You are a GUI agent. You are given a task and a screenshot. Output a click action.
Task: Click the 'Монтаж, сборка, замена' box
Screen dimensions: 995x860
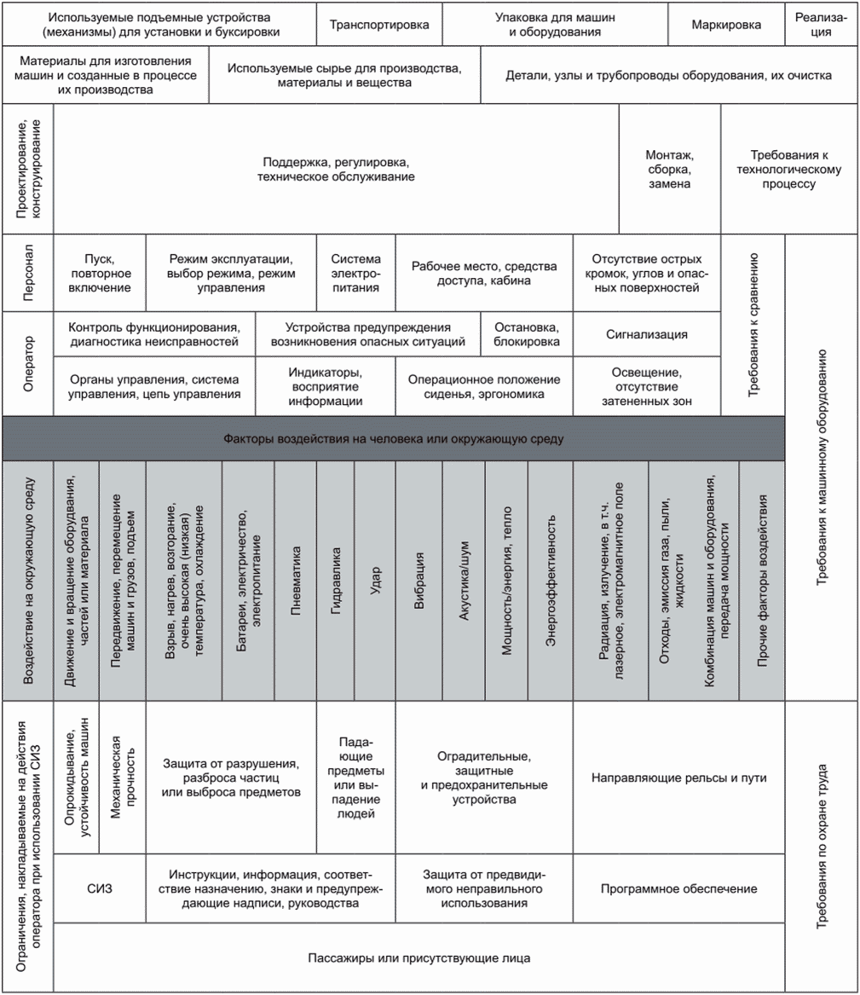tap(669, 169)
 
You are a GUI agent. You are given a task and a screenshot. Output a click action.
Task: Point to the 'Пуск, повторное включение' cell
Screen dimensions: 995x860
tap(101, 273)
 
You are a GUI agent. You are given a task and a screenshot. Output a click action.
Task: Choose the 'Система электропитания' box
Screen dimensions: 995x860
tap(356, 273)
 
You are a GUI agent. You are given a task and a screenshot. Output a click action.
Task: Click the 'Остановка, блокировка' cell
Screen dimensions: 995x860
tap(527, 335)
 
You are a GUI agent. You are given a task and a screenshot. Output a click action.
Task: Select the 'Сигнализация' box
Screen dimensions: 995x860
tap(646, 335)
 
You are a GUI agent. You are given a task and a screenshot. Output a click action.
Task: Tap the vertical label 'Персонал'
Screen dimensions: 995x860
tap(28, 273)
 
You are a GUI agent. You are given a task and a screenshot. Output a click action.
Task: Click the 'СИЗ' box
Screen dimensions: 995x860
tap(100, 888)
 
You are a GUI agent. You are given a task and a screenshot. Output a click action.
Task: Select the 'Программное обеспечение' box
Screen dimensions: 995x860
tap(678, 888)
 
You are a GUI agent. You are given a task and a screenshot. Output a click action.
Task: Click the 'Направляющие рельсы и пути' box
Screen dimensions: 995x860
tap(678, 778)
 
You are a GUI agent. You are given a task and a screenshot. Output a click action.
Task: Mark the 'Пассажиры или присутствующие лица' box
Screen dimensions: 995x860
tap(419, 957)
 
